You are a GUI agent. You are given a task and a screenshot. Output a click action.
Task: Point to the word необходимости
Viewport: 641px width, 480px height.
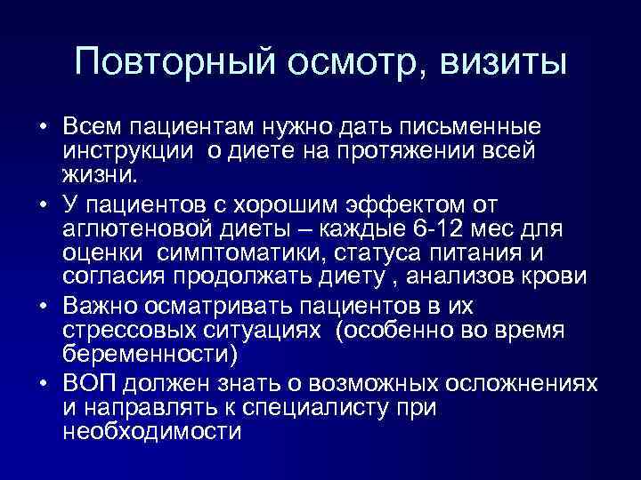152,430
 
